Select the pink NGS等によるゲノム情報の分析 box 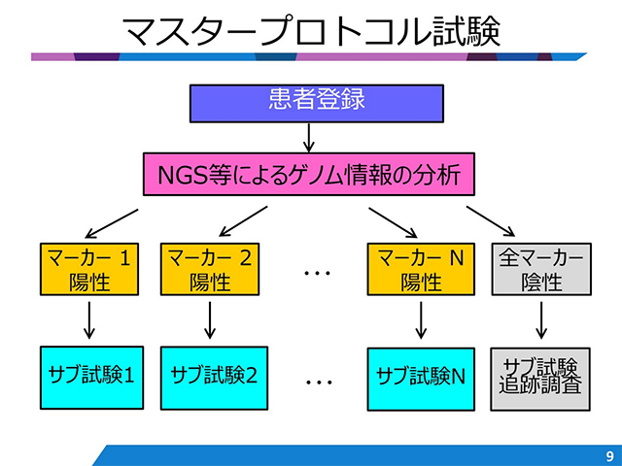coord(310,176)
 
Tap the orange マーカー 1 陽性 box coord(88,269)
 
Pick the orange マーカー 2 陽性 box coord(210,269)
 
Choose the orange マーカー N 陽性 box coord(421,269)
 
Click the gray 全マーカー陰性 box coord(540,269)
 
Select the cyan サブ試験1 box coord(88,373)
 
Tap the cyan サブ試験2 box coord(210,373)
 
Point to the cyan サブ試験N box coord(421,373)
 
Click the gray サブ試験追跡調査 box coord(540,374)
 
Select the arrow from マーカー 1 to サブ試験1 coord(88,318)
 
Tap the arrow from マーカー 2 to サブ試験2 coord(210,318)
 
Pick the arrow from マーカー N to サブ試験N coord(421,318)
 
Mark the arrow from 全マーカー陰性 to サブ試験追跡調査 coord(540,318)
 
